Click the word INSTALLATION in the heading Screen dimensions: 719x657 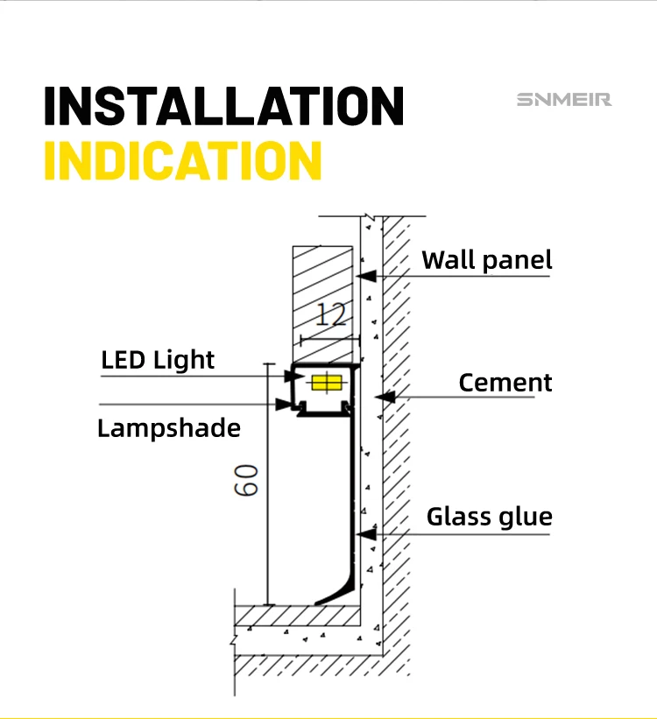tap(223, 106)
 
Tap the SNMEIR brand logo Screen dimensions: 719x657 tap(563, 100)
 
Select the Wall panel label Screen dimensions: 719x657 tap(487, 260)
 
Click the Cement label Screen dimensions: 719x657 tap(505, 383)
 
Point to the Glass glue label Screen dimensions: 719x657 tap(490, 517)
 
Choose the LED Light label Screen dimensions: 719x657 tap(158, 360)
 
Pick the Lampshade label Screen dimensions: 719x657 tap(168, 428)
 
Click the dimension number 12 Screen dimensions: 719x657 tap(331, 314)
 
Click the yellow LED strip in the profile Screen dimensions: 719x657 tap(325, 383)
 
